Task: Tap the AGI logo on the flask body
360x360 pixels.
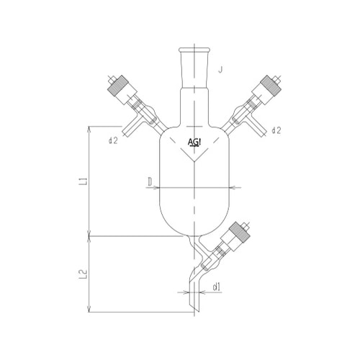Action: [194, 142]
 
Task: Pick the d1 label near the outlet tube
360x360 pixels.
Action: [217, 287]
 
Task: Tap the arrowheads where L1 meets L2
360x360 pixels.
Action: [89, 235]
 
